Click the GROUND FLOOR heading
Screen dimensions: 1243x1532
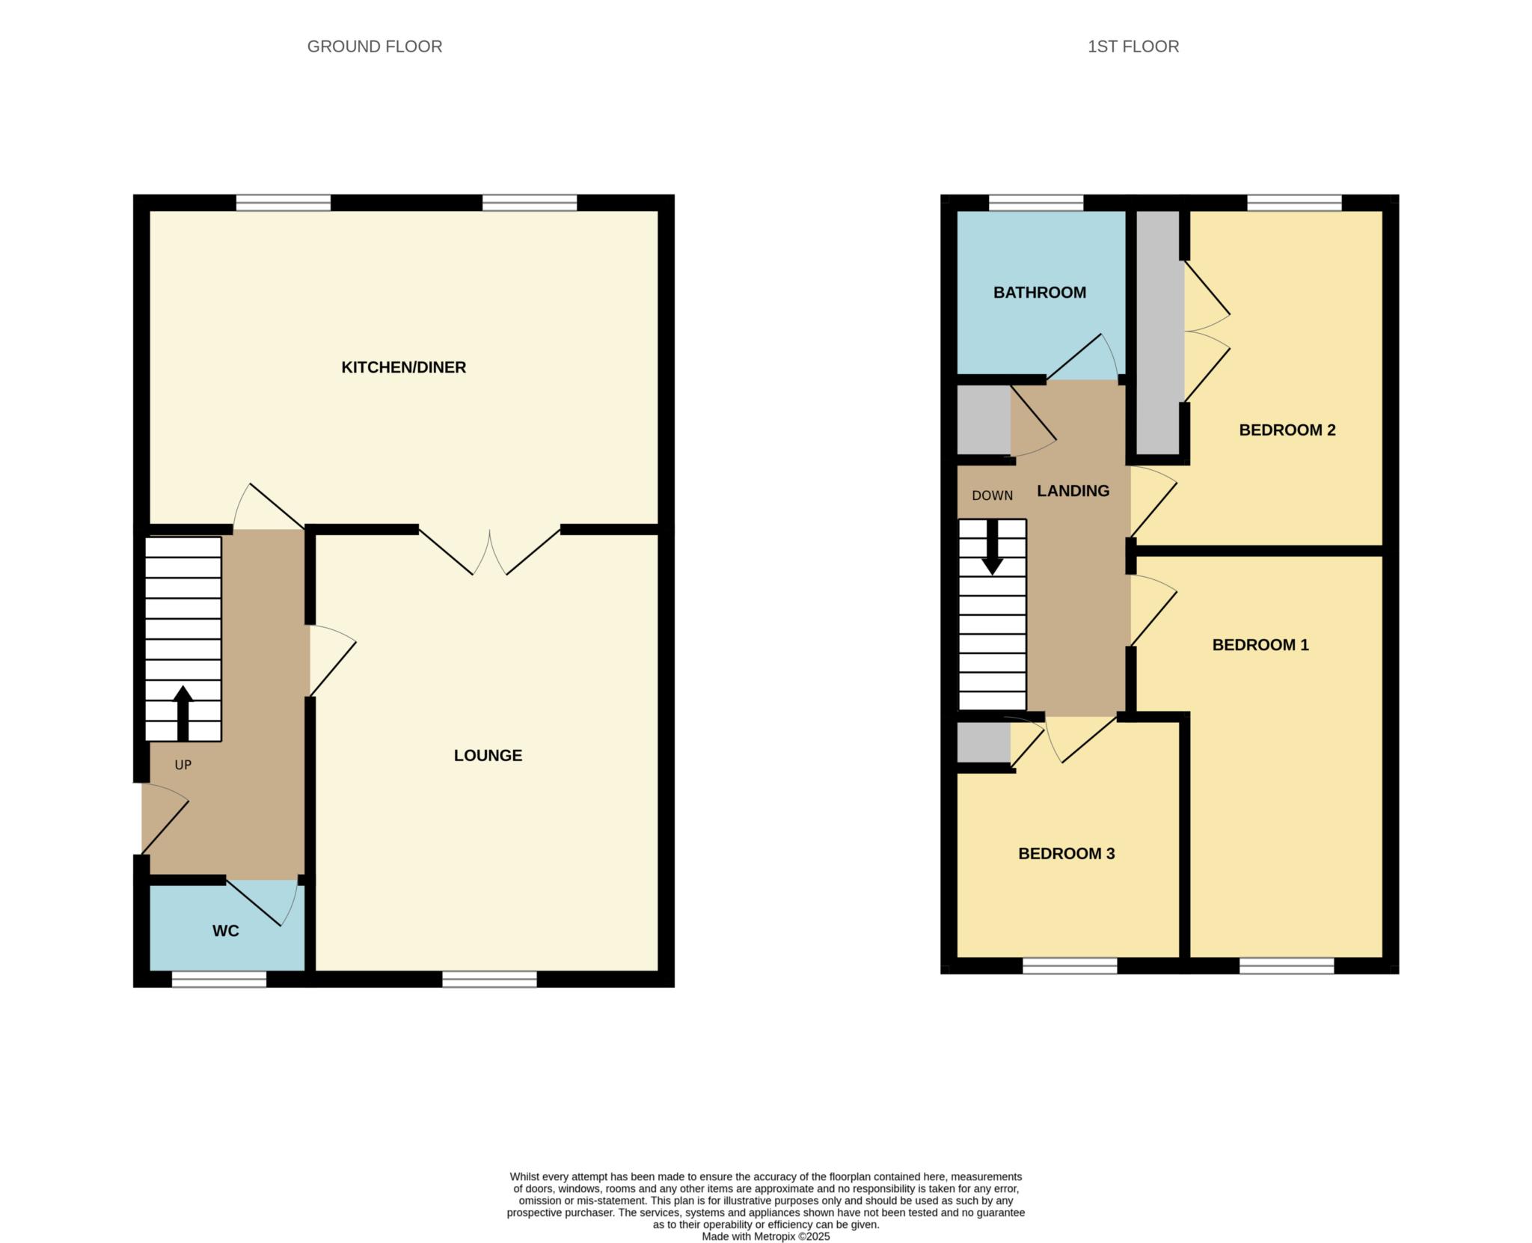pos(374,46)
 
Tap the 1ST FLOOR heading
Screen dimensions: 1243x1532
pos(1133,46)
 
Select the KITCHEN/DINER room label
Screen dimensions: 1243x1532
pos(403,367)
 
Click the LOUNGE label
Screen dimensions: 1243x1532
pos(488,755)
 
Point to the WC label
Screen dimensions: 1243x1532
pos(225,930)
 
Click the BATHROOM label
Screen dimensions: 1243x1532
pos(1039,293)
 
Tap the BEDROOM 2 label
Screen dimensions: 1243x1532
pos(1287,430)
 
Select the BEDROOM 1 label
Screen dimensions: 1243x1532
pos(1260,644)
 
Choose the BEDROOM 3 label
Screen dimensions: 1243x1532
pos(1066,853)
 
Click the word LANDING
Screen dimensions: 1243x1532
pos(1073,491)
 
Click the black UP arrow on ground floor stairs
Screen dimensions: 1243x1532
pos(183,712)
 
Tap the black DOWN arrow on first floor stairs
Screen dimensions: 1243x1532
pos(993,548)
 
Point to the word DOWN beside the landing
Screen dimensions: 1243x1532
pos(992,495)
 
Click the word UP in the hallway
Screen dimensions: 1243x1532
pos(183,765)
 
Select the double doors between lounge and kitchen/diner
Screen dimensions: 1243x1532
pos(489,552)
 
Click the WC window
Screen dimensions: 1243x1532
pos(218,979)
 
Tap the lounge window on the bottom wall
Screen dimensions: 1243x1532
pos(489,979)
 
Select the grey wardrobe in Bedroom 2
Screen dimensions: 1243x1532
pos(1158,333)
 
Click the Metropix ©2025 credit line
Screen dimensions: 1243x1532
pos(765,1236)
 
